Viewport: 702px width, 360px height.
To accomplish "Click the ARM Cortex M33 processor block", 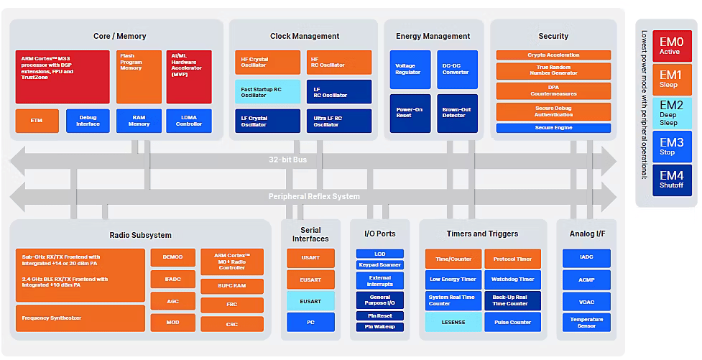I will [x=63, y=76].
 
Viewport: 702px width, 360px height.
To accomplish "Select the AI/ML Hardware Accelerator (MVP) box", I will [x=189, y=76].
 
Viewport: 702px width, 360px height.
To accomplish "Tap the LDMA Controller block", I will [x=189, y=120].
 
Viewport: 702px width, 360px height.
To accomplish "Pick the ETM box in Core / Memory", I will [x=37, y=120].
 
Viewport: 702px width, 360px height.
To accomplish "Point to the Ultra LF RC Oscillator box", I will [x=339, y=121].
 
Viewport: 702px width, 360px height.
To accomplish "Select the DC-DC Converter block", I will [x=456, y=69].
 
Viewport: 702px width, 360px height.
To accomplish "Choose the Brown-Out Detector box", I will [x=456, y=113].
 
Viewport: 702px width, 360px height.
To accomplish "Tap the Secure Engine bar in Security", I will [x=553, y=128].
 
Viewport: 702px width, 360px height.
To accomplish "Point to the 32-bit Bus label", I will [x=287, y=160].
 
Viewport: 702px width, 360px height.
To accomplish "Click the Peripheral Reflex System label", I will [x=314, y=196].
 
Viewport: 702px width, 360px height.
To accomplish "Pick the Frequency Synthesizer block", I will [x=80, y=318].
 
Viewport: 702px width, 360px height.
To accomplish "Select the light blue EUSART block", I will [x=310, y=301].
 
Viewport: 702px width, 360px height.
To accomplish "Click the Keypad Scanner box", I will [x=380, y=264].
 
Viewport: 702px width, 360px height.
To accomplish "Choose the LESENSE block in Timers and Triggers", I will [x=453, y=322].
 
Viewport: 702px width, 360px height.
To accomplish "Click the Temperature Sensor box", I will [x=586, y=322].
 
